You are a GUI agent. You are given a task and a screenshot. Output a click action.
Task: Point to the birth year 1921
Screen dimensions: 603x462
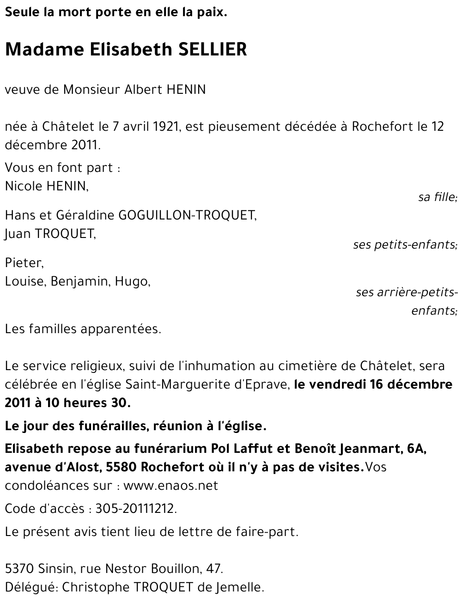click(x=166, y=126)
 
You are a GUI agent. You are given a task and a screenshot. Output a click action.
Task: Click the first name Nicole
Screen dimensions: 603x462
click(x=24, y=186)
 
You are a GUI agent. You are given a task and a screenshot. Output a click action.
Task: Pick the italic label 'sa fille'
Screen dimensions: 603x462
click(x=437, y=197)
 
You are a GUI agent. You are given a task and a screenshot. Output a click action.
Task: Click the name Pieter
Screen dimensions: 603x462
click(x=24, y=263)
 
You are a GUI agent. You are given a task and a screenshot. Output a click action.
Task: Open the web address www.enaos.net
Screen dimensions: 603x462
click(x=170, y=486)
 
